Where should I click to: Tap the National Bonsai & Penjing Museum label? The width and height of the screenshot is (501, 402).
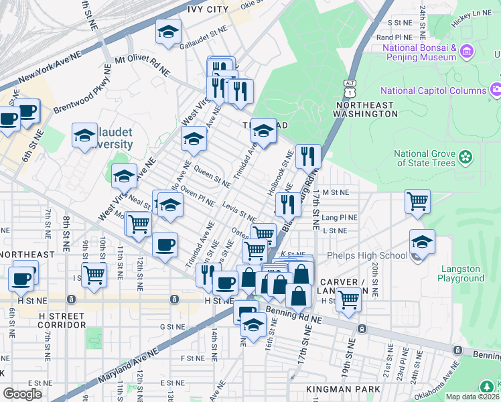click(420, 53)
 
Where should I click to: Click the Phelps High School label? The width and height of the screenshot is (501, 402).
click(367, 255)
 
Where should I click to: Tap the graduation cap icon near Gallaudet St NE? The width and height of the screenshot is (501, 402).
click(169, 31)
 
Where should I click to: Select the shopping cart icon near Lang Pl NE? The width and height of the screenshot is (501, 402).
click(417, 200)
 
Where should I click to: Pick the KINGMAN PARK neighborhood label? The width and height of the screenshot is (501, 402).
click(342, 389)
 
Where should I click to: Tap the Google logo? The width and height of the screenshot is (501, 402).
click(22, 393)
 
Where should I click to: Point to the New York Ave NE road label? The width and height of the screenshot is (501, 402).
click(50, 68)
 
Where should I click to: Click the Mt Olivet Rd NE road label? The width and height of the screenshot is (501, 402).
click(142, 65)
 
